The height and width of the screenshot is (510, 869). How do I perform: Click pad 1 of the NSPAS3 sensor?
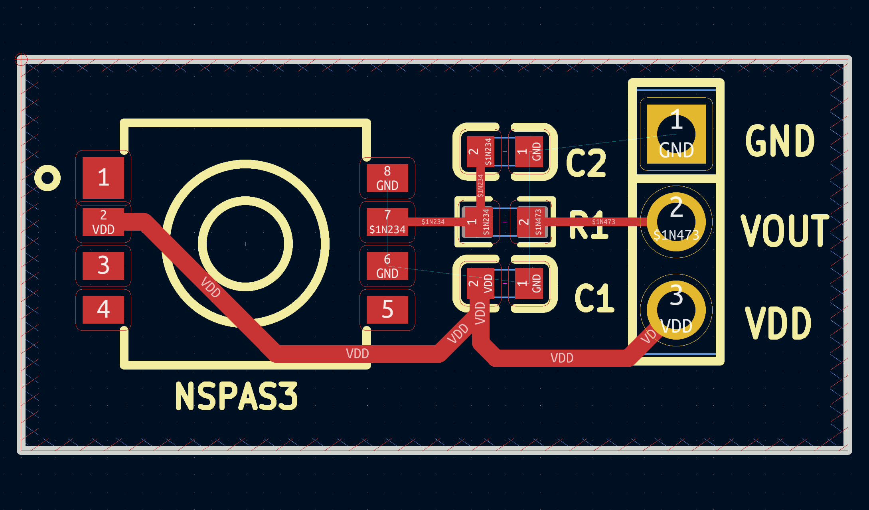pyautogui.click(x=103, y=178)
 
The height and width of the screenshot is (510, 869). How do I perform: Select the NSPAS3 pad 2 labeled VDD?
pyautogui.click(x=103, y=222)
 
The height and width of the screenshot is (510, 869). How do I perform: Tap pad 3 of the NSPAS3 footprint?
pyautogui.click(x=103, y=265)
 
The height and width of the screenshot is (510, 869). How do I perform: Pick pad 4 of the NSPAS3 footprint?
pyautogui.click(x=103, y=309)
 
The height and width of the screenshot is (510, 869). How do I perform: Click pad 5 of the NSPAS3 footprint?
pyautogui.click(x=387, y=309)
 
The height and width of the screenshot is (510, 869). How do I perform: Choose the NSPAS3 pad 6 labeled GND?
pyautogui.click(x=387, y=266)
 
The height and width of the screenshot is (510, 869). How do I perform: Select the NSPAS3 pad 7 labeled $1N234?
pyautogui.click(x=387, y=222)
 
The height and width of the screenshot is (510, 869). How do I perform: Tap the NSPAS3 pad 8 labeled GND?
pyautogui.click(x=387, y=178)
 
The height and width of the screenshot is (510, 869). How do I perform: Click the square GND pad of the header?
pyautogui.click(x=676, y=134)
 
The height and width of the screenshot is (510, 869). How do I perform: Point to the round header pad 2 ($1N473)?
pyautogui.click(x=676, y=222)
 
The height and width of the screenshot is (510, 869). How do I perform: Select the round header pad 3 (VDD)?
pyautogui.click(x=676, y=310)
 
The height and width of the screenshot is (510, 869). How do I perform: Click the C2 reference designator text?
pyautogui.click(x=586, y=163)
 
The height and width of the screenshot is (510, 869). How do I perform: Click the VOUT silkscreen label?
pyautogui.click(x=784, y=230)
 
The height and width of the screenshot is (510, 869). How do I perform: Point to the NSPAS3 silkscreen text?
pyautogui.click(x=237, y=396)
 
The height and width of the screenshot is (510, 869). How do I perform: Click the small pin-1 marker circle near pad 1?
pyautogui.click(x=47, y=178)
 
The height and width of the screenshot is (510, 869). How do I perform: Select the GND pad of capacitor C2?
pyautogui.click(x=529, y=152)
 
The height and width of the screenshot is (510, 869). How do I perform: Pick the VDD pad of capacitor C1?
pyautogui.click(x=480, y=284)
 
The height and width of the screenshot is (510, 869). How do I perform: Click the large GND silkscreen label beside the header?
pyautogui.click(x=780, y=140)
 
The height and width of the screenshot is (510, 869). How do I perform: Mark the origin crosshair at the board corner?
pyautogui.click(x=22, y=60)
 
